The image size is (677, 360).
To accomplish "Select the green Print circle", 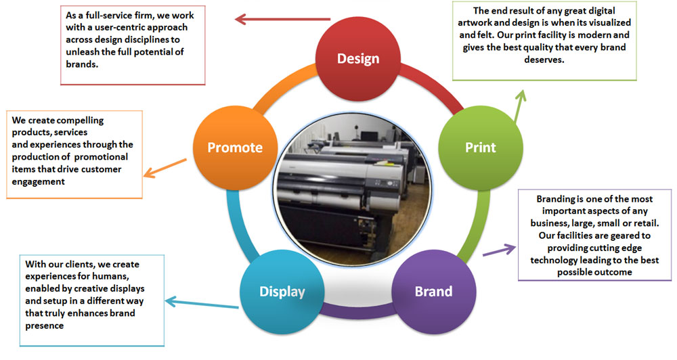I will click(481, 147).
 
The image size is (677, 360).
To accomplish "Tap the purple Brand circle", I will click(433, 292).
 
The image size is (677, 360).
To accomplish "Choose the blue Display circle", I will click(282, 292).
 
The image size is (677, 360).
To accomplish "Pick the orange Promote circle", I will click(235, 148).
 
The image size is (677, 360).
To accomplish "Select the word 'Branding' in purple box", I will click(558, 200).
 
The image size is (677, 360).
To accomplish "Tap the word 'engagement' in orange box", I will click(39, 181).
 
